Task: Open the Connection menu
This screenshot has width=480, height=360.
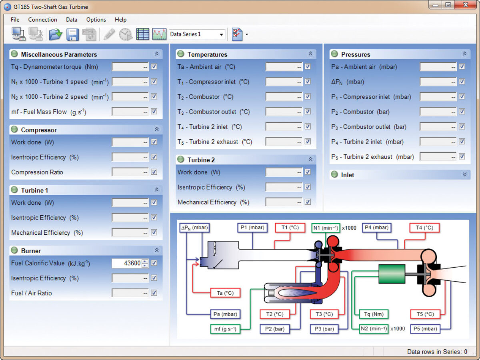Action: click(42, 20)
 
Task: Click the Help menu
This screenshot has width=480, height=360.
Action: click(120, 20)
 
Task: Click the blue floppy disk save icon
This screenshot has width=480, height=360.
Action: click(72, 34)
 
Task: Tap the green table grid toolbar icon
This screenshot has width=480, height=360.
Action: click(142, 34)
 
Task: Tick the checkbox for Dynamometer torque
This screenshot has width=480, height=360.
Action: click(154, 66)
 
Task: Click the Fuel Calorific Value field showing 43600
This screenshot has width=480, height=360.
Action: click(130, 263)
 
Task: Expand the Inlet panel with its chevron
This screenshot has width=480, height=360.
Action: click(465, 174)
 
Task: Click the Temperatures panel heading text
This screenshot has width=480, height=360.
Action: click(207, 54)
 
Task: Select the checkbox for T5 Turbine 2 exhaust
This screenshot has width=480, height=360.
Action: click(308, 142)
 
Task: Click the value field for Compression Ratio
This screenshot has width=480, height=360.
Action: click(130, 172)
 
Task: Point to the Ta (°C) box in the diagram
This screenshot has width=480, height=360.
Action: click(225, 293)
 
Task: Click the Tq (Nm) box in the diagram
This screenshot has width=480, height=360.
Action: click(374, 314)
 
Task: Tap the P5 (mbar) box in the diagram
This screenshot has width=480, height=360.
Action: click(425, 329)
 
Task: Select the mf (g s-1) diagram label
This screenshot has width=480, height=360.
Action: click(225, 329)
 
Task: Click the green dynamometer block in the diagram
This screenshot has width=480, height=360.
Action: click(392, 274)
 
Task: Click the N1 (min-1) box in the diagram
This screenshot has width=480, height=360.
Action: click(326, 228)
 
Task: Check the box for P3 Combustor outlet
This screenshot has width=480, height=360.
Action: click(462, 126)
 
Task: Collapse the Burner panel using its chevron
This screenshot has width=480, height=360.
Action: click(157, 250)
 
